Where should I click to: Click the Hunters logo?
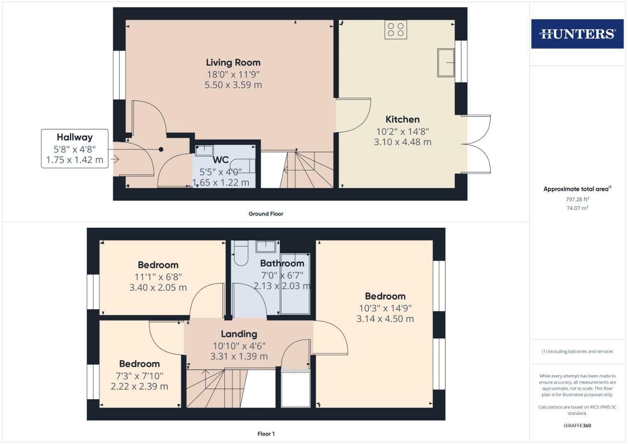click(x=577, y=34)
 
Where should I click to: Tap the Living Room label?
click(x=233, y=62)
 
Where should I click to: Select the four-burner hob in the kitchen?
click(x=396, y=29)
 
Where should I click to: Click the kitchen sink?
click(x=445, y=62)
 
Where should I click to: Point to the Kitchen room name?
click(x=403, y=120)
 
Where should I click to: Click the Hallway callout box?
click(x=74, y=148)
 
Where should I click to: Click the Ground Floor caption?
click(x=266, y=214)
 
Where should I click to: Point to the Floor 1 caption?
click(x=266, y=434)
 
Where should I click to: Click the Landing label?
click(x=239, y=334)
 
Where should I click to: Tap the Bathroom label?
click(x=282, y=264)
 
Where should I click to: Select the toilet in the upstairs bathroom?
click(x=240, y=253)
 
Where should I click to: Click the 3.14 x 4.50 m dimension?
click(x=385, y=319)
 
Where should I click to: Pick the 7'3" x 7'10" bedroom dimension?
click(x=139, y=376)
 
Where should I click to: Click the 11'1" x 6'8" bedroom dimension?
click(x=158, y=277)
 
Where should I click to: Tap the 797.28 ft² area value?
click(x=577, y=199)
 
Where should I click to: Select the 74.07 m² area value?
click(x=577, y=208)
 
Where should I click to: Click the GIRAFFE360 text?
click(x=577, y=425)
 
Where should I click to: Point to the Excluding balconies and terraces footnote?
click(x=577, y=351)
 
